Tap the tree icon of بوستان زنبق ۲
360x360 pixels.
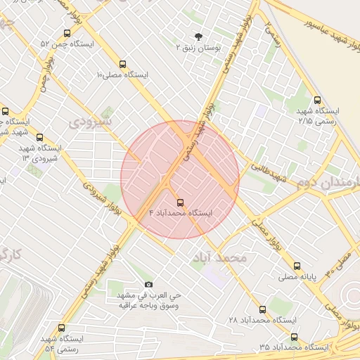coord(198,37)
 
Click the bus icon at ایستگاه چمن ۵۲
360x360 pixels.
coord(67,32)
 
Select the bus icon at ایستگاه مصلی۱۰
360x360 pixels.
coord(124,63)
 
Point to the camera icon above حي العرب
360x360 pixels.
coord(148,283)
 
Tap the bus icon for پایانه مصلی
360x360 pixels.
coord(297,266)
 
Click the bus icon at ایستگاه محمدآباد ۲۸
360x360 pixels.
coord(262,309)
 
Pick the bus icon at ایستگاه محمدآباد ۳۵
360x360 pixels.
coord(293,336)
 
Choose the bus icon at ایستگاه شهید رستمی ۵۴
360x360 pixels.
coord(61,328)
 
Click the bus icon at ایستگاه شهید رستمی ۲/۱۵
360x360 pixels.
coord(317,100)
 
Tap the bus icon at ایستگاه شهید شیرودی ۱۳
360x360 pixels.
coord(39,137)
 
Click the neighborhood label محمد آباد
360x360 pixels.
coord(219,258)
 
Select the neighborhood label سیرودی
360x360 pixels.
coord(89,121)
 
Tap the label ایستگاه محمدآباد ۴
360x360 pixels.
coord(181,212)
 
